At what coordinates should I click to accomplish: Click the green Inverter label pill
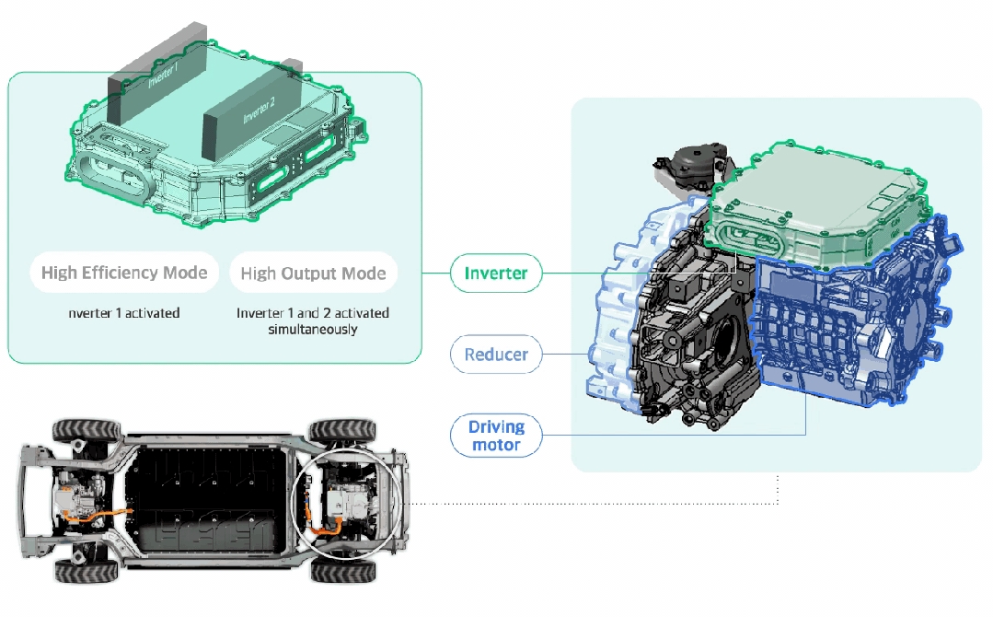pos(496,274)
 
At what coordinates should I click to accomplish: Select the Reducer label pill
pos(496,355)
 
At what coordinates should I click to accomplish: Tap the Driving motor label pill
pos(496,436)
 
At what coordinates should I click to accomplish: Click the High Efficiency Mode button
pos(124,274)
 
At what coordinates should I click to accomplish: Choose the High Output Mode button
pos(313,274)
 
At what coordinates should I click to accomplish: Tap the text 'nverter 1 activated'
pos(124,313)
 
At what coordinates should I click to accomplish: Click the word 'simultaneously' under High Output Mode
pos(313,329)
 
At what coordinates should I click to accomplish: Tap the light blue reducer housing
pos(612,313)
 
